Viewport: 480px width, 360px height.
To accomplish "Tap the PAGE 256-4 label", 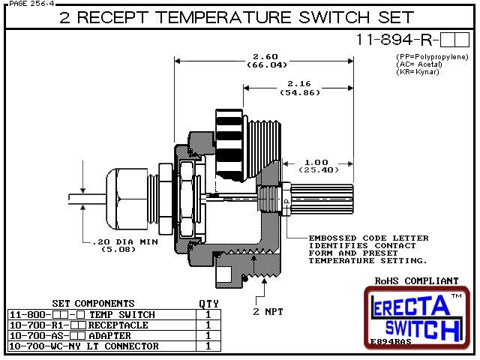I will tap(28, 4).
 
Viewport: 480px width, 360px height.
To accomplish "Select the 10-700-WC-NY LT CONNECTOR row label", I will tap(84, 346).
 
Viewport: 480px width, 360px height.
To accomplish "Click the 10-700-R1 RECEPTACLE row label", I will tap(79, 325).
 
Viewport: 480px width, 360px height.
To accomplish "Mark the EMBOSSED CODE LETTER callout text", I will tap(368, 238).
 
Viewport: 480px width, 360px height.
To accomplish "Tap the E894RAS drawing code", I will tap(391, 342).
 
